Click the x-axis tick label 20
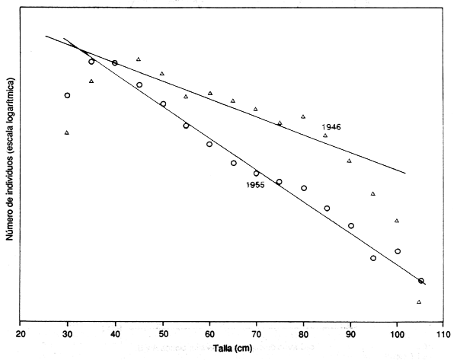tap(21, 332)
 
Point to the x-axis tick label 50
tap(162, 332)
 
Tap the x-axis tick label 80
tap(303, 332)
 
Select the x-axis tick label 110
tap(444, 332)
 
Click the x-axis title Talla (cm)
tap(233, 348)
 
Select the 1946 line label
tap(331, 126)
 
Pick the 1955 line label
tap(254, 185)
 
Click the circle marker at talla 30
tap(68, 95)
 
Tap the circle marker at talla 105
tap(421, 281)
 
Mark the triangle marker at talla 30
tap(67, 132)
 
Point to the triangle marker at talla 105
tap(420, 301)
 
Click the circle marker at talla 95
tap(373, 258)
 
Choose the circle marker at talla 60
tap(209, 144)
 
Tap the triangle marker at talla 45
tap(139, 59)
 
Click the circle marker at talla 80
tap(304, 188)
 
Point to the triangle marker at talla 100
tap(397, 221)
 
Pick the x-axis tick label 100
tap(397, 332)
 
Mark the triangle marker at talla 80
tap(303, 116)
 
